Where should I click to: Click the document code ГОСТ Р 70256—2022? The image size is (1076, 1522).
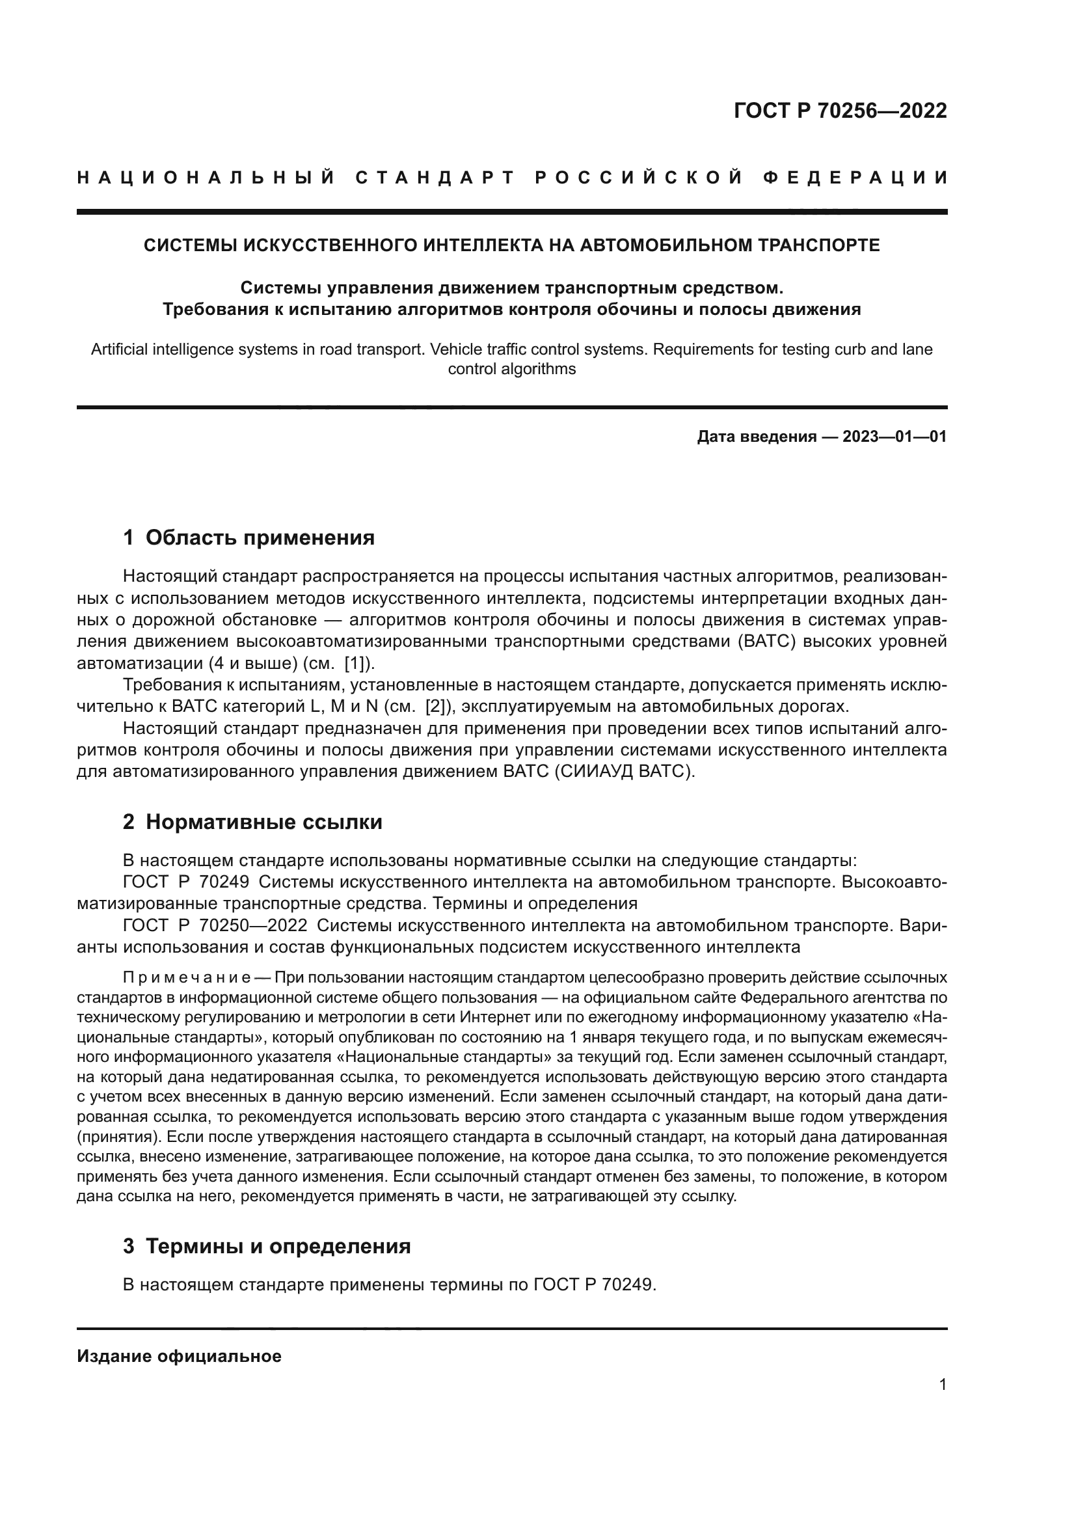(x=840, y=111)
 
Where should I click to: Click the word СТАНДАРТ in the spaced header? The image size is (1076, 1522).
(x=435, y=178)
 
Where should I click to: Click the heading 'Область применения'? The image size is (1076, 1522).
(x=260, y=537)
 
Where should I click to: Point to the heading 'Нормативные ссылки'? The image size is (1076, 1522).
(x=263, y=822)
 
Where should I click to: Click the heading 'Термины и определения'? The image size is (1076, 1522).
(x=278, y=1246)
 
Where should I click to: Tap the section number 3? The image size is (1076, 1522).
(x=129, y=1246)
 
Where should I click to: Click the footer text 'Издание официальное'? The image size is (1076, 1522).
(x=179, y=1356)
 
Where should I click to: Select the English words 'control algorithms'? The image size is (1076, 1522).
(x=511, y=369)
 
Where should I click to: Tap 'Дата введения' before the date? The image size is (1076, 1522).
(x=756, y=437)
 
